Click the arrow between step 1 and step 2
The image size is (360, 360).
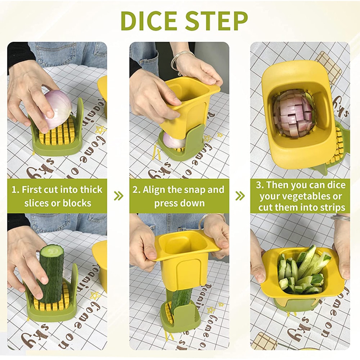tap(118, 196)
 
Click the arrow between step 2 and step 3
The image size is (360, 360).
tap(240, 196)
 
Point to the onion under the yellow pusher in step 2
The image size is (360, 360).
tap(173, 141)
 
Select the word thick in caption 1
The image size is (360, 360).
tap(91, 190)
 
